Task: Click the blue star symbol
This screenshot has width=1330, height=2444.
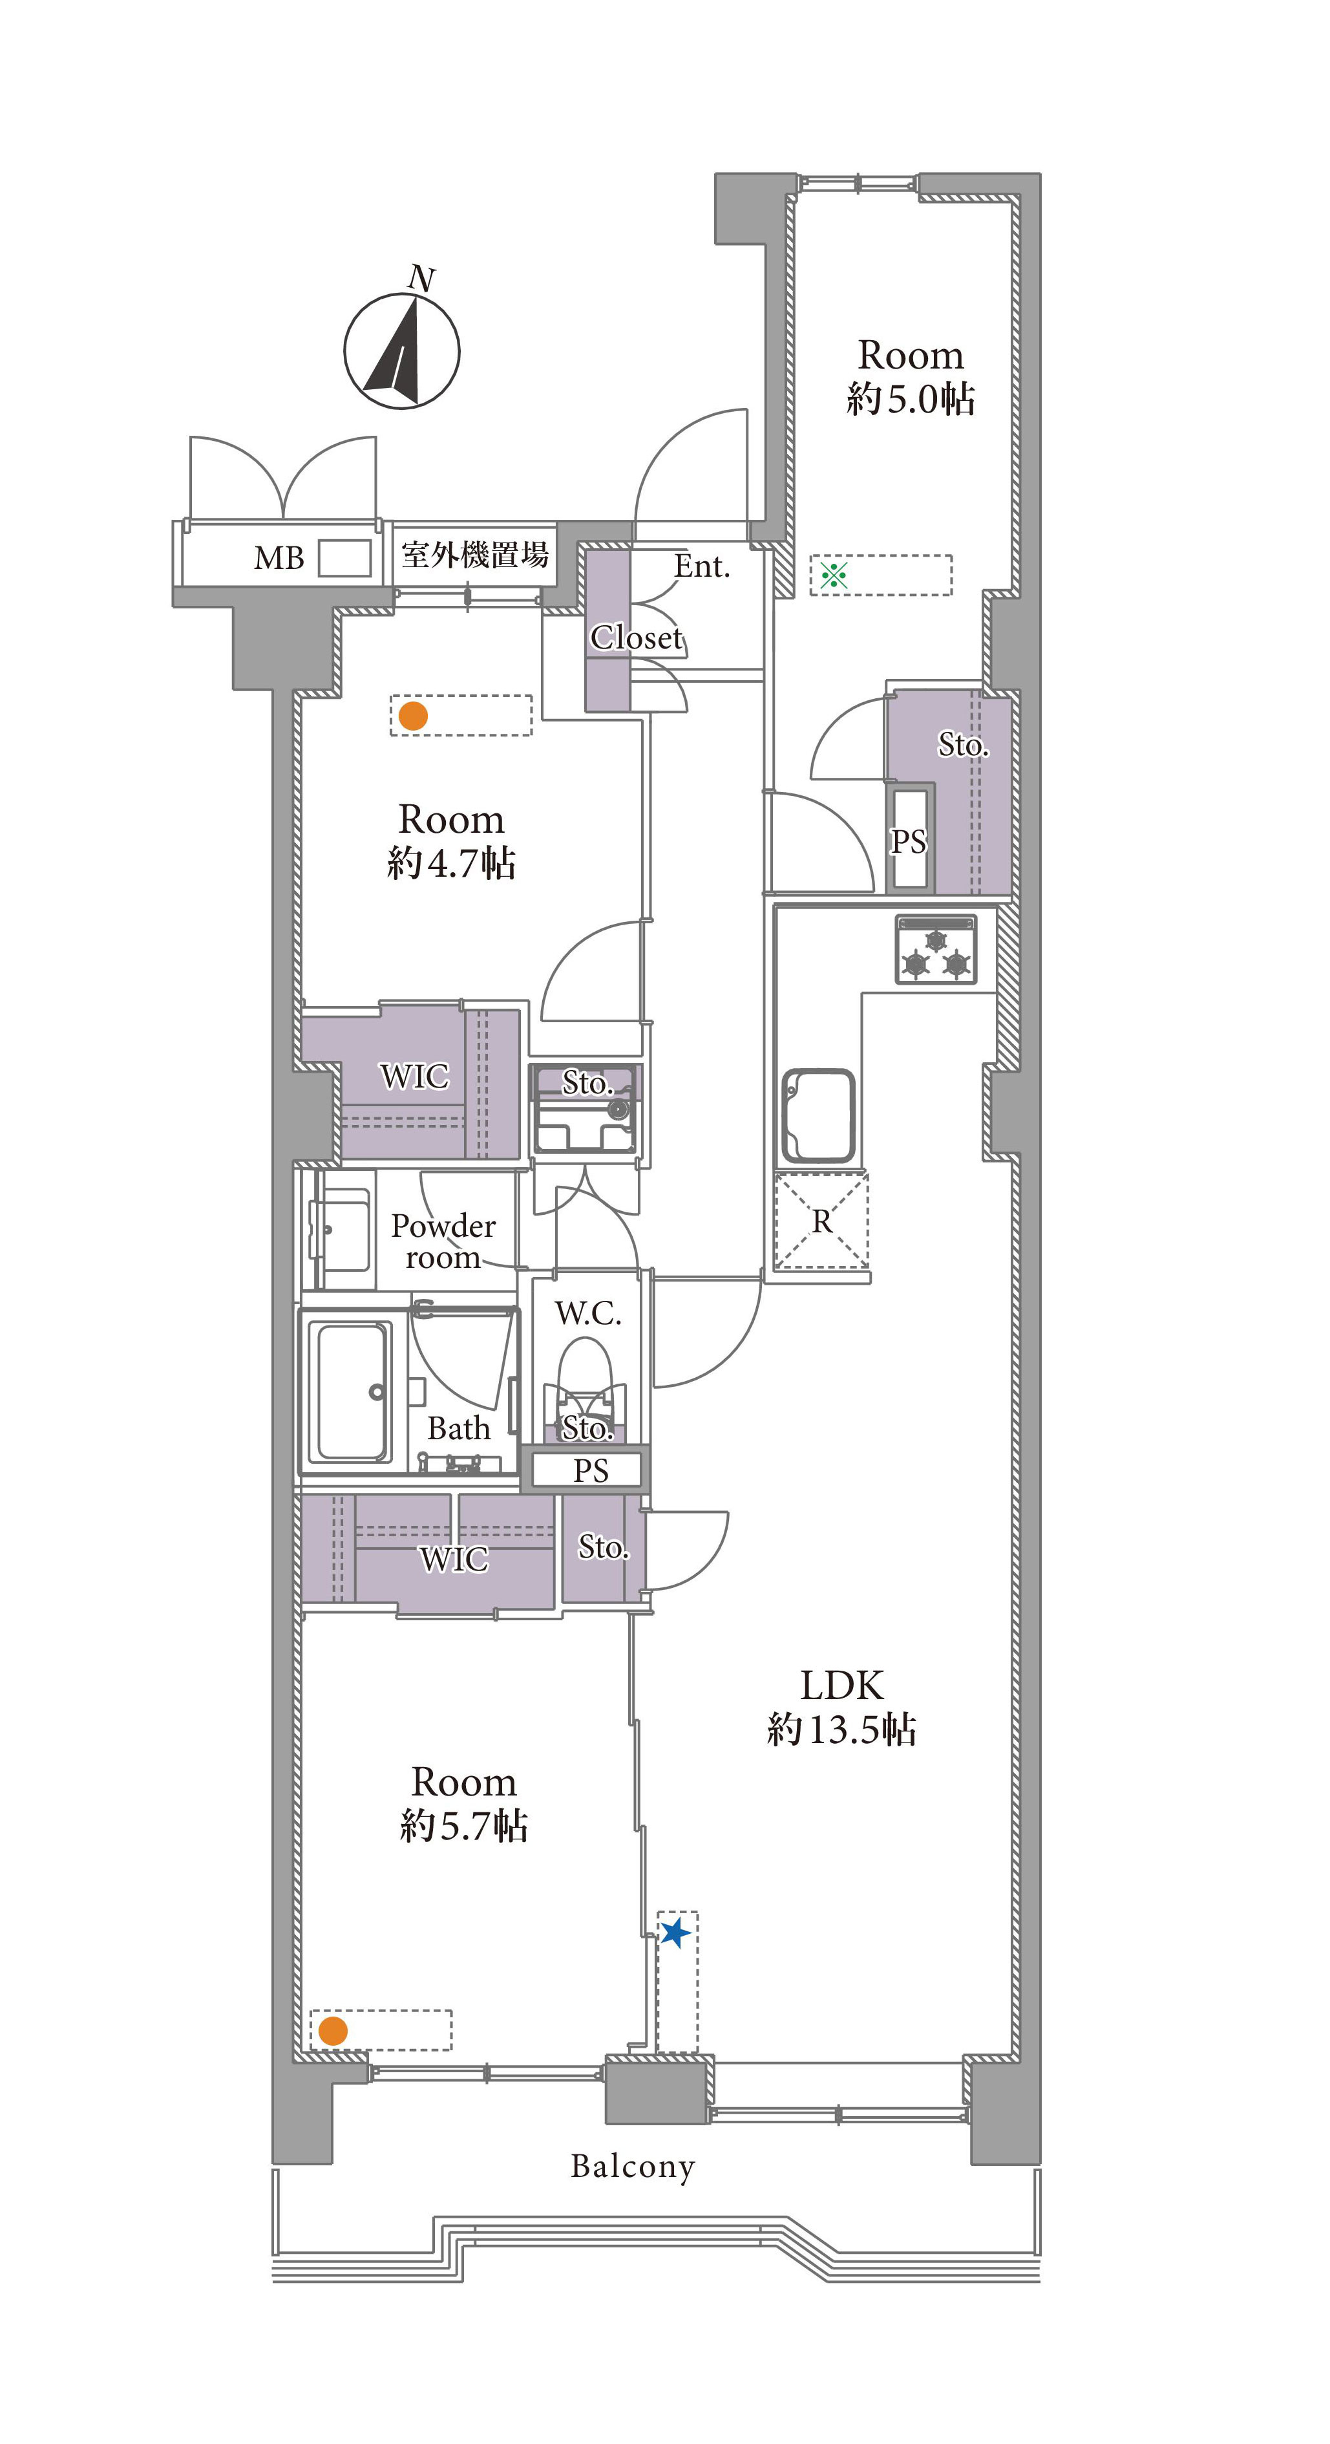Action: pos(675,1932)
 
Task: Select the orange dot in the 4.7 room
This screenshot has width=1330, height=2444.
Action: pos(413,715)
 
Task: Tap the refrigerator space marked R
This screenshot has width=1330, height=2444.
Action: pos(821,1220)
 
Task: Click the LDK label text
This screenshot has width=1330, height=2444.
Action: pos(841,1685)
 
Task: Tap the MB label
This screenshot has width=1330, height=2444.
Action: pos(279,558)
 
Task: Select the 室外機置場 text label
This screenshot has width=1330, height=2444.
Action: pos(474,554)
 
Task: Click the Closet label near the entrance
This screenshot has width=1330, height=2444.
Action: pos(635,637)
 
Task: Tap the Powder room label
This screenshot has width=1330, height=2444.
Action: pos(443,1241)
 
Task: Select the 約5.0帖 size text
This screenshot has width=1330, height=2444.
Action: pos(911,398)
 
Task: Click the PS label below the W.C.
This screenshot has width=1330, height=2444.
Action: pos(590,1470)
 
